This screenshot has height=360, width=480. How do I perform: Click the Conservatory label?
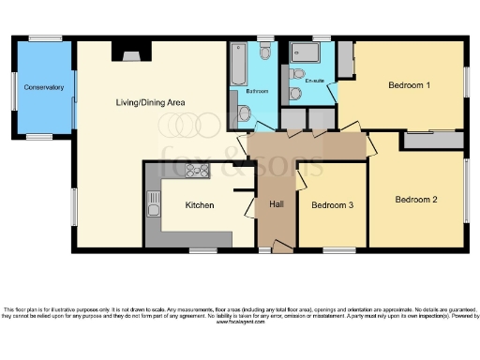coord(44,87)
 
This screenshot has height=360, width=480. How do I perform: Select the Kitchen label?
coord(200,205)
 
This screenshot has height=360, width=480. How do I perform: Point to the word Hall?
coord(277,203)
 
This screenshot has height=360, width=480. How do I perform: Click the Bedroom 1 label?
coord(410,85)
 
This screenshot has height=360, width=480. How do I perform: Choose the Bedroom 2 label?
coord(416,199)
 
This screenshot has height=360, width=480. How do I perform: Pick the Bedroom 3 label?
coord(332,205)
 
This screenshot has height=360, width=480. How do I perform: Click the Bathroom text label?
coord(258,92)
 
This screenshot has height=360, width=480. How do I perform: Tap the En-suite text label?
coord(315,82)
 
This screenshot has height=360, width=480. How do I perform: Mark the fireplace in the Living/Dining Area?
coord(125,52)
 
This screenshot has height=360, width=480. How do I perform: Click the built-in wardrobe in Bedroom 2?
coord(432,140)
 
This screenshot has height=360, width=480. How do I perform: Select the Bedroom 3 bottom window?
coord(339,250)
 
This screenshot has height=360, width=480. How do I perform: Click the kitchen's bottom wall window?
coord(203,250)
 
